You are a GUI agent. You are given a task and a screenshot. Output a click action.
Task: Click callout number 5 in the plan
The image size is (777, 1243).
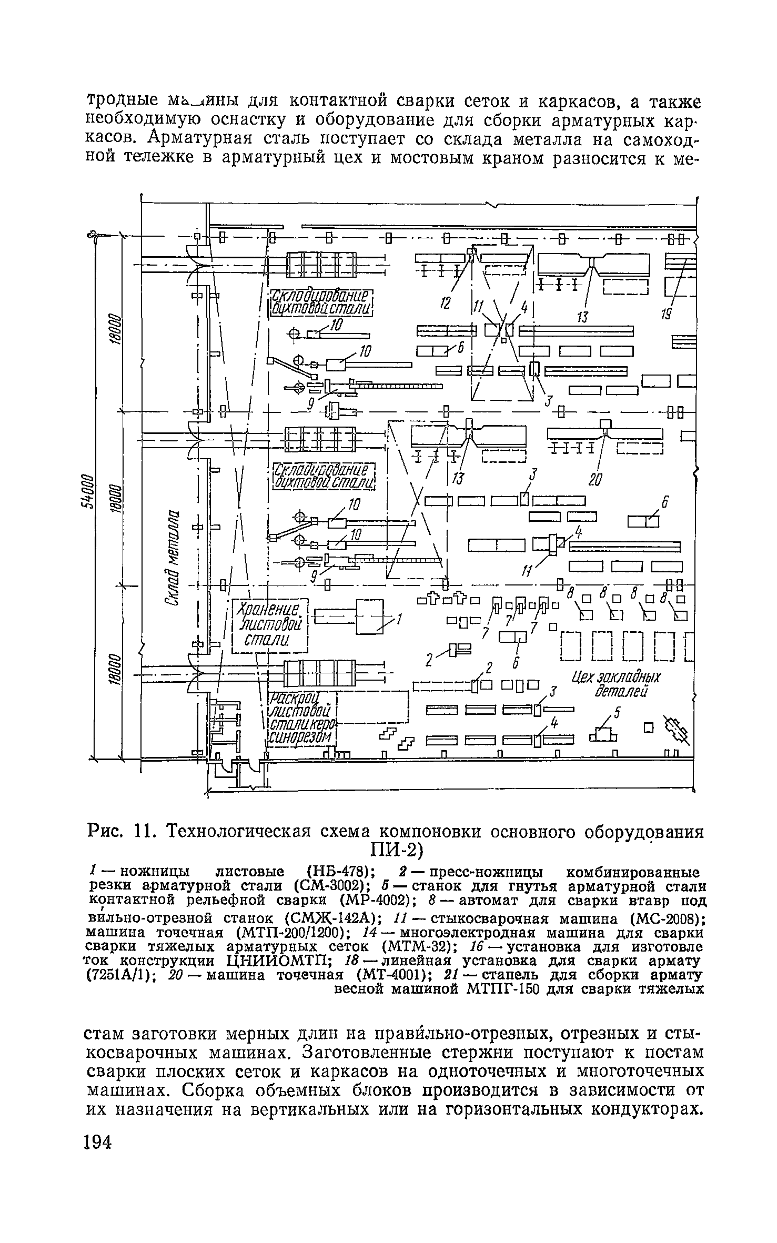[x=618, y=714]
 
